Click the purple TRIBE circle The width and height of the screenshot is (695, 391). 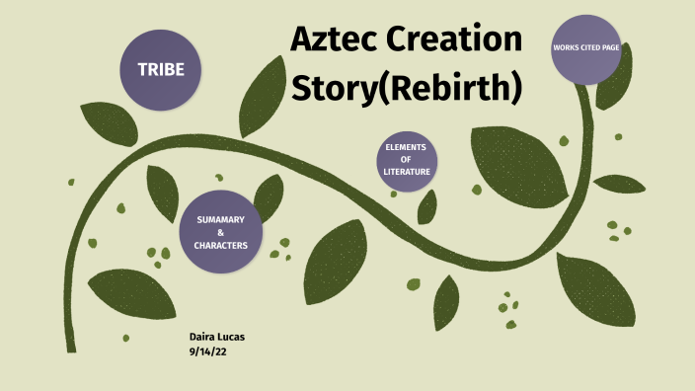tap(160, 70)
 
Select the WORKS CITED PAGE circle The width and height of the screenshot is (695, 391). tap(585, 48)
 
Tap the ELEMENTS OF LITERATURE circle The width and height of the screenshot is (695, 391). tap(407, 161)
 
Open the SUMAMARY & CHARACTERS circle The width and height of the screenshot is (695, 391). tap(220, 231)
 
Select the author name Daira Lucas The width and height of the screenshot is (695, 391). tap(217, 338)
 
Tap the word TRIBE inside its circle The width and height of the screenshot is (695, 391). tap(160, 70)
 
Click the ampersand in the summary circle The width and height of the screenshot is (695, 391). tap(220, 232)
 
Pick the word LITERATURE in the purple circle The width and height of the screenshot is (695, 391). tap(407, 173)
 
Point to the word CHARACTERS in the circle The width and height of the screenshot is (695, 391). tap(220, 245)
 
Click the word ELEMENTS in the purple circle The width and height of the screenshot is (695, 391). tap(407, 148)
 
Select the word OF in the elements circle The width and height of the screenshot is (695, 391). tap(407, 161)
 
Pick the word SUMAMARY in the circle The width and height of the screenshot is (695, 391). tap(220, 218)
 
